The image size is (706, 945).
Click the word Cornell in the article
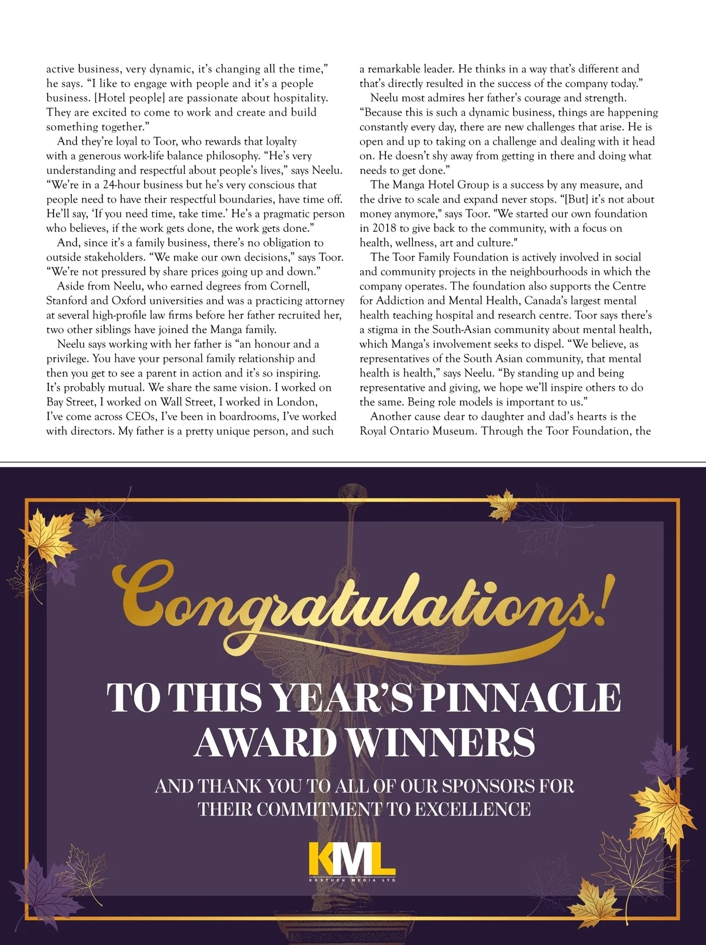coord(289,286)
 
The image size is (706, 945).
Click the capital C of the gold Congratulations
coord(144,591)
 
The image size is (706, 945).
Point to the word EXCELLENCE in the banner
coord(472,809)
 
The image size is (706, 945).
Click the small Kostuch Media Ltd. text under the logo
coord(352,880)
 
